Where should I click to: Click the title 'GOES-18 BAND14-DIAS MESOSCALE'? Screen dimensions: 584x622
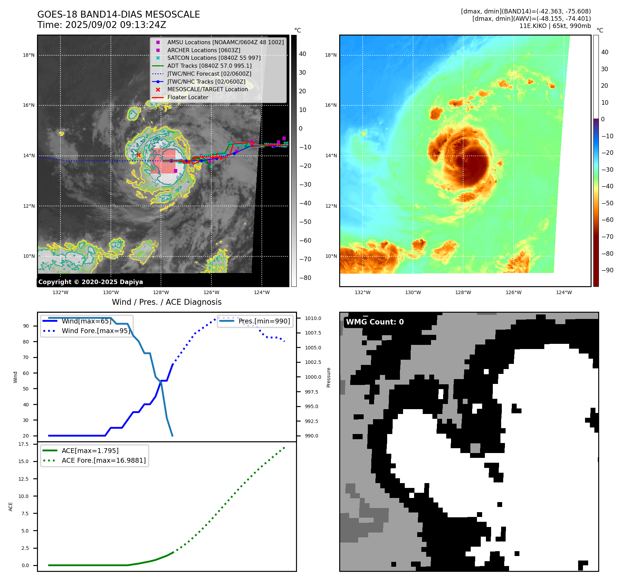tap(118, 15)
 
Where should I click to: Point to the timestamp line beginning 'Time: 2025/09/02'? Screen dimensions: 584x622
tap(102, 25)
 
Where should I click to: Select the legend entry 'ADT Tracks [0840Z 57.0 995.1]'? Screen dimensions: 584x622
tap(209, 66)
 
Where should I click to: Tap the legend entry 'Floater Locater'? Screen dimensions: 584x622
tap(188, 97)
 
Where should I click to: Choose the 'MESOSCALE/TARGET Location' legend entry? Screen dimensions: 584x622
tap(207, 90)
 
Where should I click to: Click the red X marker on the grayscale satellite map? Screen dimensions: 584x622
tap(138, 155)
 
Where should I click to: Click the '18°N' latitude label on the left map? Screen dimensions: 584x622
tap(29, 55)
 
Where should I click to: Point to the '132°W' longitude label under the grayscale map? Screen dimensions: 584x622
tap(60, 292)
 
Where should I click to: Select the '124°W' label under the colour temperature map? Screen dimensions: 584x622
tap(564, 292)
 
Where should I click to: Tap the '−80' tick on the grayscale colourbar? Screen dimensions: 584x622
tap(305, 278)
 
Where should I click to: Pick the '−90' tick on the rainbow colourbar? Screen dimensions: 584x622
tap(607, 270)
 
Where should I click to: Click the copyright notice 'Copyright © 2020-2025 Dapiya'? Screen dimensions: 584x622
tap(90, 282)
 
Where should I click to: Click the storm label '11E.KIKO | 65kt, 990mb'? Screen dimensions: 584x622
tap(555, 26)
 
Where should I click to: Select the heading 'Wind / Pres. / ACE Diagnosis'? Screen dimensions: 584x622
tap(167, 302)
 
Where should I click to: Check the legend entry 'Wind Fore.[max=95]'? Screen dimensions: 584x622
tap(96, 331)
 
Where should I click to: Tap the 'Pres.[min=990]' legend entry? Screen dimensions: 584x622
tap(264, 321)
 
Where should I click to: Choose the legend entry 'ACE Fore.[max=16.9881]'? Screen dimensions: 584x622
tap(104, 460)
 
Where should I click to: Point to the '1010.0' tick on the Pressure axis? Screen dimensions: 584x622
tap(313, 318)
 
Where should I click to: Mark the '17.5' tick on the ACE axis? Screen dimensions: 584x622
tap(23, 444)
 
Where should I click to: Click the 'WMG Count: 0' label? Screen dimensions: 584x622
tap(375, 322)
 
